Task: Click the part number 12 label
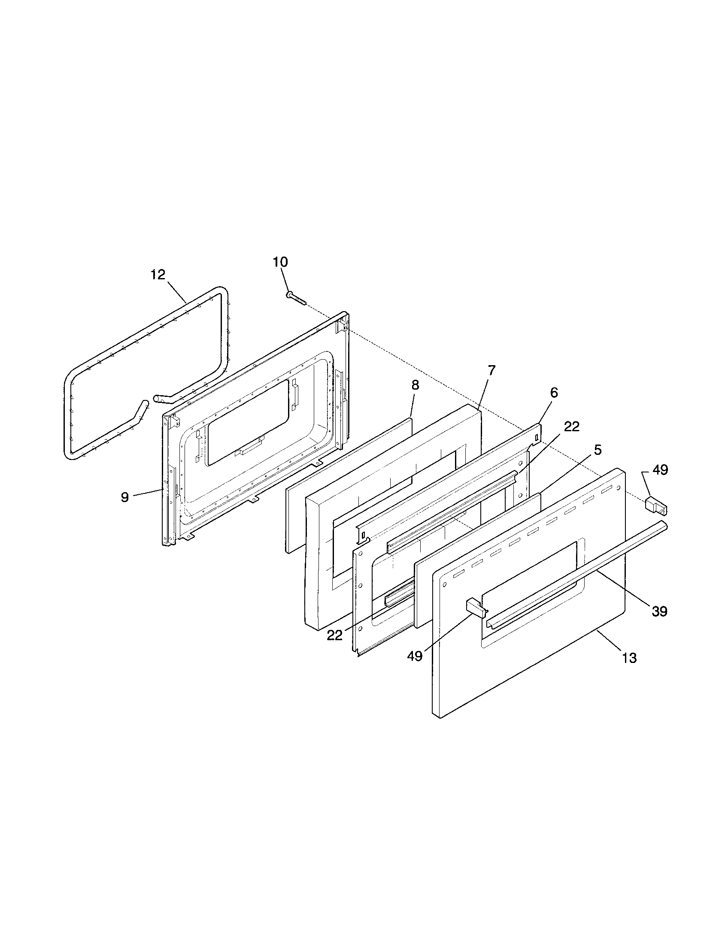158,275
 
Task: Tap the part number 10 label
280,262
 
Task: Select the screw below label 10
295,298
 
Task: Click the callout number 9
125,497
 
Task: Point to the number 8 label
415,385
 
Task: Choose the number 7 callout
491,370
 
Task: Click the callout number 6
554,393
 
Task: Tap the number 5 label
597,451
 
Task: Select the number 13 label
629,658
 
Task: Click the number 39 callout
659,611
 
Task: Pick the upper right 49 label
660,470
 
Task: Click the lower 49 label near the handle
415,656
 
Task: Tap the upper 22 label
571,427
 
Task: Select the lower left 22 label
335,635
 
